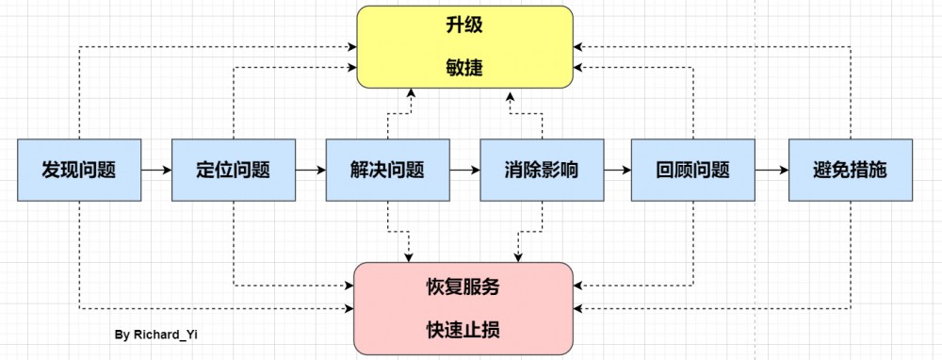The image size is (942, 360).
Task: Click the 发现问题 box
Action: click(x=79, y=171)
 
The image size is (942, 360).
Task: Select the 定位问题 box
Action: click(x=233, y=171)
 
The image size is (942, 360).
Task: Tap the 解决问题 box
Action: click(x=387, y=171)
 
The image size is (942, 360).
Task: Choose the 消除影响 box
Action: click(x=542, y=171)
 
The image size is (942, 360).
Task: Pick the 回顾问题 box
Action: click(x=693, y=171)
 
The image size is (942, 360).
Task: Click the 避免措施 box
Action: click(x=850, y=171)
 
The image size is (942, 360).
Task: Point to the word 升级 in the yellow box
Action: click(x=464, y=26)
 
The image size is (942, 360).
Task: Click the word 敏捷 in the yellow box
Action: click(x=464, y=67)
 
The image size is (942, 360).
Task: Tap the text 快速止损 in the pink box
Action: click(x=463, y=329)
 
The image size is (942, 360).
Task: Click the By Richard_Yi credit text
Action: click(x=150, y=335)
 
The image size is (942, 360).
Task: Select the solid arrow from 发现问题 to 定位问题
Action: click(x=156, y=171)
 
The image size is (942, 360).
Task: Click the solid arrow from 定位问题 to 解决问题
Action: click(x=310, y=171)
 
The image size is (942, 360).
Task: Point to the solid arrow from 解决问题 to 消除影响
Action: click(x=464, y=171)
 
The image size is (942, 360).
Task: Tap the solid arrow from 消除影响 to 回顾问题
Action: click(x=617, y=171)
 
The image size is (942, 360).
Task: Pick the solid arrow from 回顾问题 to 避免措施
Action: click(x=771, y=171)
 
